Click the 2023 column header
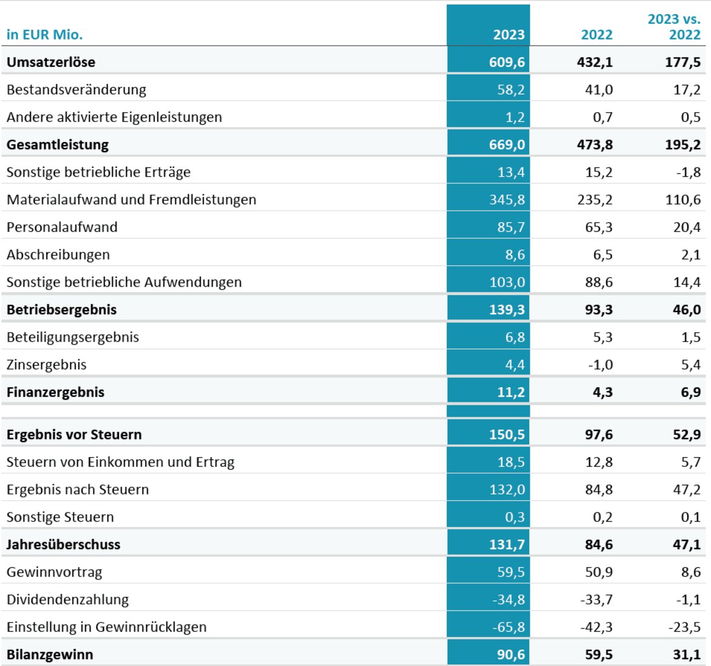[x=509, y=35]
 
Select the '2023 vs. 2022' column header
[x=674, y=27]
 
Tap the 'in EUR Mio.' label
[x=44, y=35]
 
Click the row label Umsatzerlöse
[x=51, y=62]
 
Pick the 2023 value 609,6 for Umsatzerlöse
[x=506, y=62]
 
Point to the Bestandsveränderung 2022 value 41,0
[x=599, y=90]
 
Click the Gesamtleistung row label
[x=58, y=145]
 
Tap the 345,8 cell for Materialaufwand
[x=506, y=200]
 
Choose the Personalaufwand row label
[x=62, y=227]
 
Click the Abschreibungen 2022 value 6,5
[x=603, y=254]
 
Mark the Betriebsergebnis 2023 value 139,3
[x=506, y=310]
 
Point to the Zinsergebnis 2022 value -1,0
[x=600, y=365]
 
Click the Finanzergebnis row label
[x=55, y=392]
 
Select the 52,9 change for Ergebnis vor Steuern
[x=687, y=435]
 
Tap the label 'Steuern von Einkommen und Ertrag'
[x=120, y=462]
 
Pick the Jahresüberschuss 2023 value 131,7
[x=506, y=545]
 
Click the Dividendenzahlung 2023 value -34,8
[x=508, y=599]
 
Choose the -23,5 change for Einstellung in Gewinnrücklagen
[x=684, y=627]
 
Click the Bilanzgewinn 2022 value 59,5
[x=599, y=654]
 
